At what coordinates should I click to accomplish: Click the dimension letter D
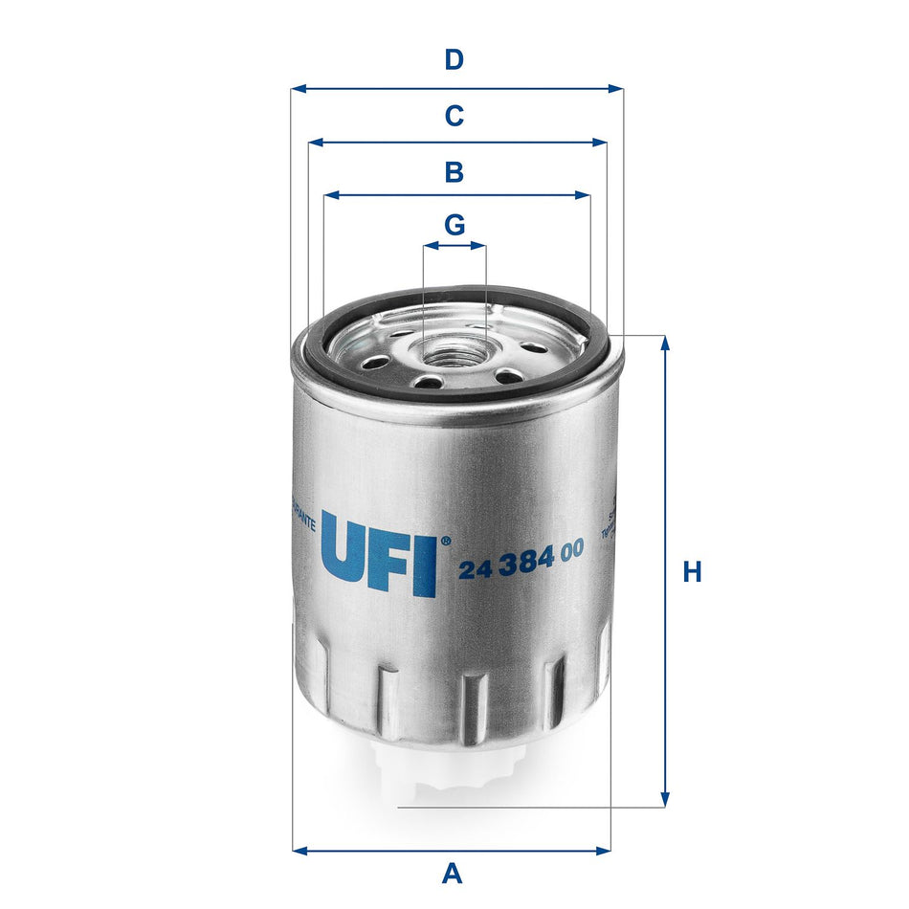point(454,60)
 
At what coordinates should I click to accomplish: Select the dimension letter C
point(454,117)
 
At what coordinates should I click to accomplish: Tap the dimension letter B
point(454,173)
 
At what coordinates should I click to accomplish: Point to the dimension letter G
point(454,226)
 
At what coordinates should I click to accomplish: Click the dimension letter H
point(692,572)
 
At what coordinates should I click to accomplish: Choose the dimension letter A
point(452,873)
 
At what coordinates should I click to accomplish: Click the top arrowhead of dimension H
point(665,343)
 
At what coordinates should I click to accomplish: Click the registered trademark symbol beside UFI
point(444,542)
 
